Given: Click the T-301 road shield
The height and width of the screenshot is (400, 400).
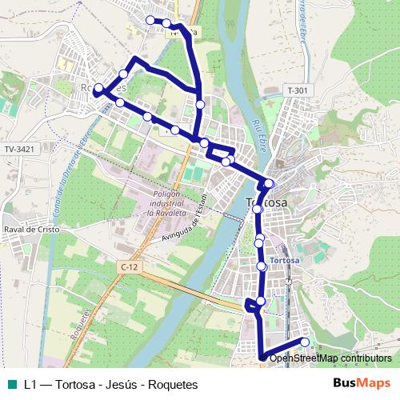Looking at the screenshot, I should pyautogui.click(x=297, y=90).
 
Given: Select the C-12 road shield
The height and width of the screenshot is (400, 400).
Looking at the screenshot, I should pyautogui.click(x=130, y=266).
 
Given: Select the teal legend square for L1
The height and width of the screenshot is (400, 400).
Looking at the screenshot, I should pyautogui.click(x=11, y=384).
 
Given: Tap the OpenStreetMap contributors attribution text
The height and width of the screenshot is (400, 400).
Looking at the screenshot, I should pyautogui.click(x=331, y=358).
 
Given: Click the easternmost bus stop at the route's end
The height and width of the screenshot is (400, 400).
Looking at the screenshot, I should pyautogui.click(x=304, y=342).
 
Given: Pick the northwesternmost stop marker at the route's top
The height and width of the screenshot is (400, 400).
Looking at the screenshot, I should pyautogui.click(x=150, y=20).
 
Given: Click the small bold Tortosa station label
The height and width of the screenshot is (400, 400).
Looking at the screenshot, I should pyautogui.click(x=284, y=261).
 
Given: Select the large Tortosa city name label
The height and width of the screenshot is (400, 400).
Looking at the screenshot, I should pyautogui.click(x=266, y=202).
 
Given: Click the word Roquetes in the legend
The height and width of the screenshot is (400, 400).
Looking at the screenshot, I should pyautogui.click(x=171, y=384).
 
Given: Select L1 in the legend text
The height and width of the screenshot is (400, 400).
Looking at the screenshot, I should pyautogui.click(x=30, y=384).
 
